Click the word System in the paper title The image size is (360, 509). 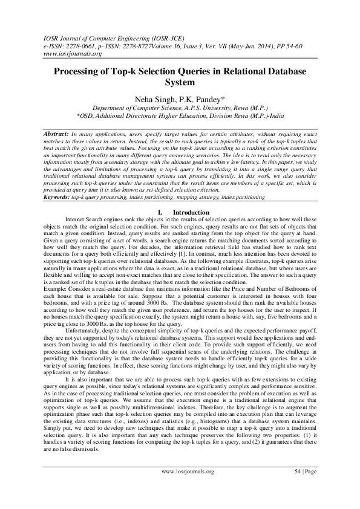[180, 82]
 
